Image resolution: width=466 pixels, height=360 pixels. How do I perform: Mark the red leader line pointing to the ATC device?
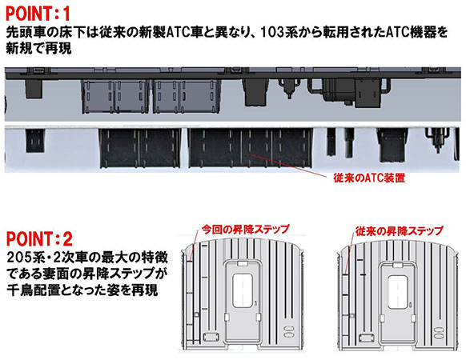click(x=288, y=165)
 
